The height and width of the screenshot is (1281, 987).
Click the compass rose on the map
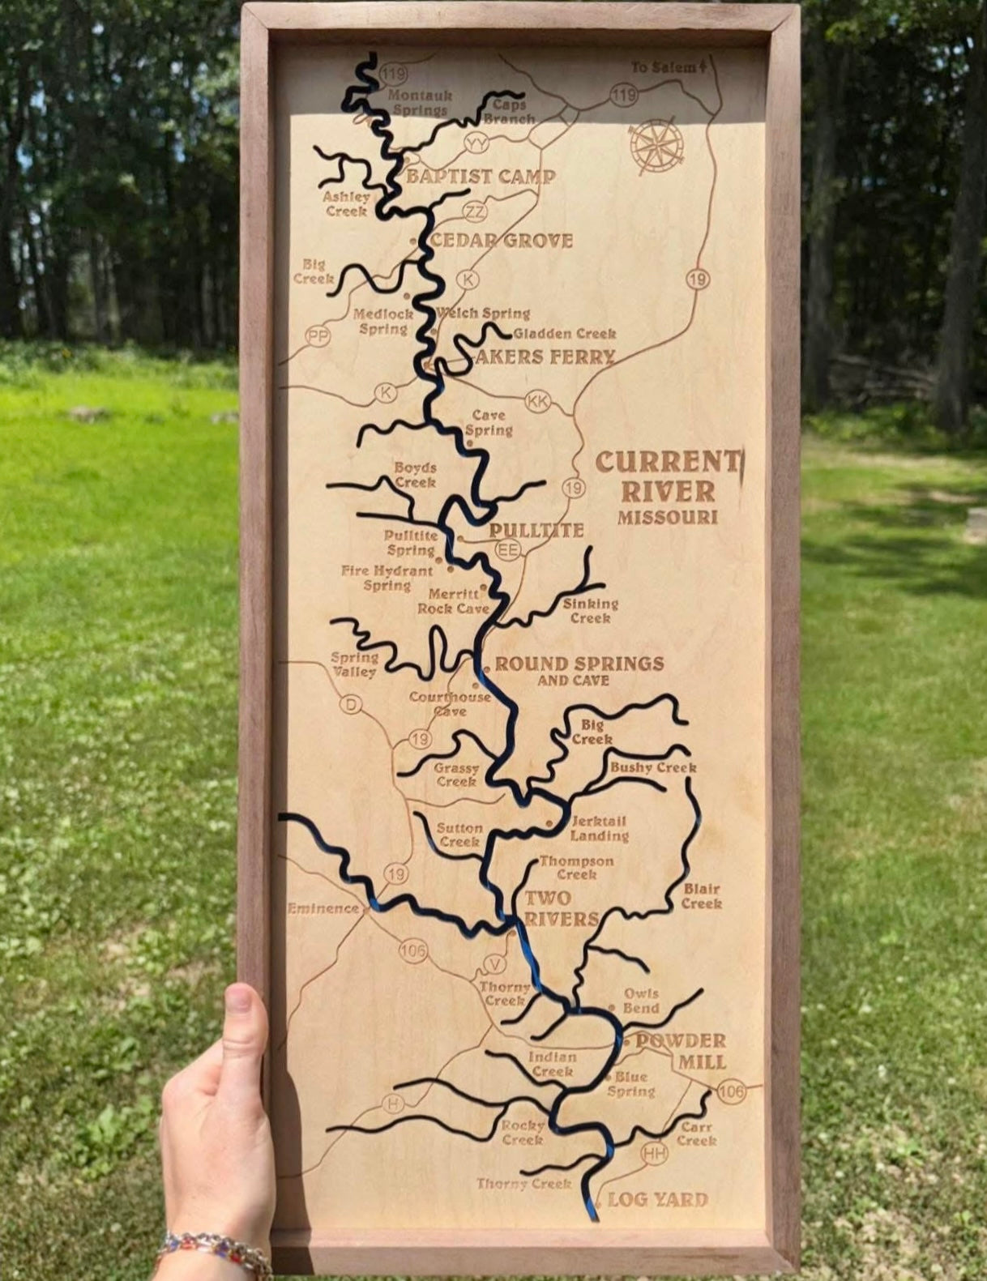click(656, 147)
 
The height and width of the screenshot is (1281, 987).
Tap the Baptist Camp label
click(481, 177)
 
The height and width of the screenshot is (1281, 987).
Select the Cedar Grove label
click(502, 241)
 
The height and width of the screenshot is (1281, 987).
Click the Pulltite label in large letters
click(536, 531)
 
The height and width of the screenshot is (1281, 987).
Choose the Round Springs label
click(579, 664)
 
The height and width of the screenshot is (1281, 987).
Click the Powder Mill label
click(680, 1051)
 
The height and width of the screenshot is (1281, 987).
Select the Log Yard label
click(657, 1200)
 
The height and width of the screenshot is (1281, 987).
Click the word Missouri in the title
click(668, 517)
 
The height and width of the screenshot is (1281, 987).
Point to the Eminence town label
click(323, 908)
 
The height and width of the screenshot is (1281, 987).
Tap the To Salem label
click(666, 67)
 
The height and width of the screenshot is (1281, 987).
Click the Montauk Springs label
click(420, 102)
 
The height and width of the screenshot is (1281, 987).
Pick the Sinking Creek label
click(591, 611)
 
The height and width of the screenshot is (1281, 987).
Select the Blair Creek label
click(702, 896)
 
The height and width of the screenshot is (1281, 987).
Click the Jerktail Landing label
click(599, 828)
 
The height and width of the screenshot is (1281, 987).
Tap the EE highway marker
click(508, 551)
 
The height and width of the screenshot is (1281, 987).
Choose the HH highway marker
click(655, 1153)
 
